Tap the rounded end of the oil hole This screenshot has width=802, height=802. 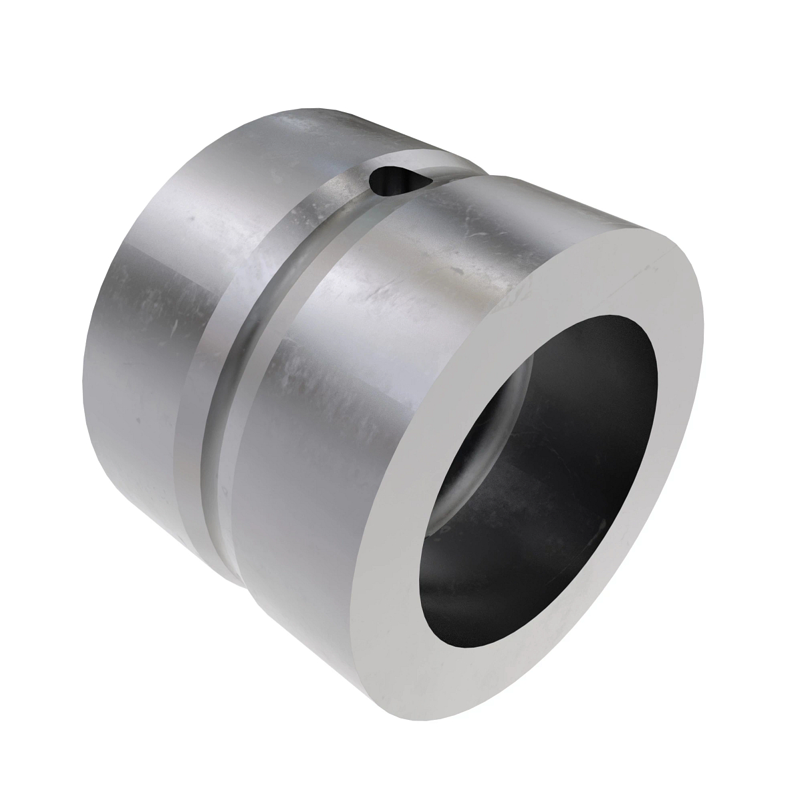tap(380, 178)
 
